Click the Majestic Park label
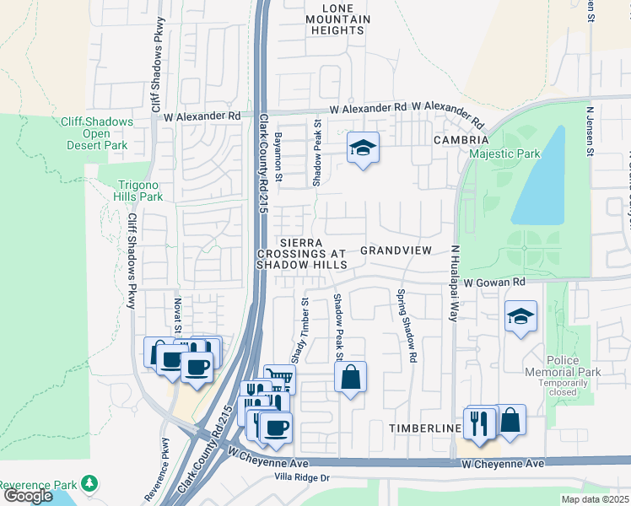click(504, 154)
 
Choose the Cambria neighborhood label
click(461, 139)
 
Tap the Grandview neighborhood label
click(396, 250)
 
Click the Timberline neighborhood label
click(424, 428)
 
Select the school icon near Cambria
click(363, 148)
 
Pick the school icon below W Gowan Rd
click(520, 317)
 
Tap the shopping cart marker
click(279, 379)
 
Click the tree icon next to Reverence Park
click(89, 484)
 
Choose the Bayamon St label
click(278, 158)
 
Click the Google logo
click(29, 496)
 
